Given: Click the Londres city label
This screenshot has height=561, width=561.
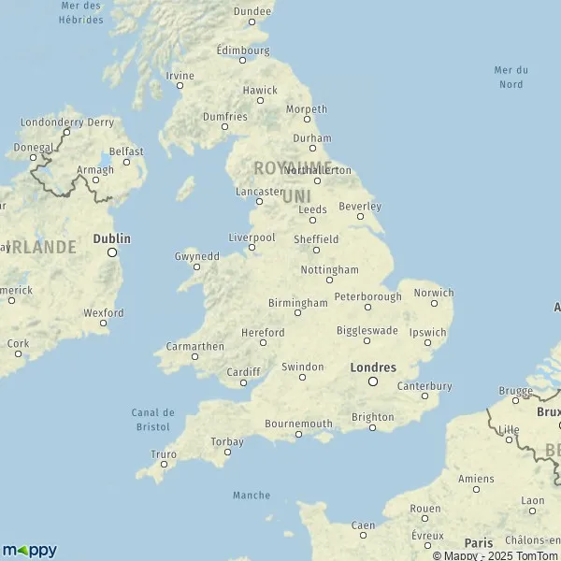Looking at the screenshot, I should (373, 367).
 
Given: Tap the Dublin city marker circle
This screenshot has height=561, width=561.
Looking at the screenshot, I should (112, 252).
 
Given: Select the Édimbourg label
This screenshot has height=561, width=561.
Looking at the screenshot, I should (242, 50).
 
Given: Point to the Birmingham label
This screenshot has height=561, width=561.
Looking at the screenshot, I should (297, 303).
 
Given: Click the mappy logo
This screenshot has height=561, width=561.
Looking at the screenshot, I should (29, 551).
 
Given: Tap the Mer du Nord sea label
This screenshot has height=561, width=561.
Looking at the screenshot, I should (511, 77).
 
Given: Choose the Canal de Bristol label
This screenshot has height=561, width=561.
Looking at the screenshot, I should (154, 419).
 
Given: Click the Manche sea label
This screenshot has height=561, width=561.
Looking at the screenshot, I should (251, 496).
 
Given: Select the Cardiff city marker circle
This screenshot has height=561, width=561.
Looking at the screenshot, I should (243, 382).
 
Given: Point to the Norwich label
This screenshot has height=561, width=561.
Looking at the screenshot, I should (433, 293).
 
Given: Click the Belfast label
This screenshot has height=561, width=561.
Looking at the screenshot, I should (126, 151).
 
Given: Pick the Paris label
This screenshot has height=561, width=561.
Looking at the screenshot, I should (479, 542).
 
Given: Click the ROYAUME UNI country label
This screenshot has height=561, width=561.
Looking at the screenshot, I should (294, 181).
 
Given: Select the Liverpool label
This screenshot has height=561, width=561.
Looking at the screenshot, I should (252, 237).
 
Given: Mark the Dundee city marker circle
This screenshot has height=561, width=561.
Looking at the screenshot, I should (252, 23).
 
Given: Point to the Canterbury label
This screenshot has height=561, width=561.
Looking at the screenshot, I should (424, 385).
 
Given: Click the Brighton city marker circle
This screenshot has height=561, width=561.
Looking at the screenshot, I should (372, 428).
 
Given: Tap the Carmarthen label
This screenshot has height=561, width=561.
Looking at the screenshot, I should (194, 346).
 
